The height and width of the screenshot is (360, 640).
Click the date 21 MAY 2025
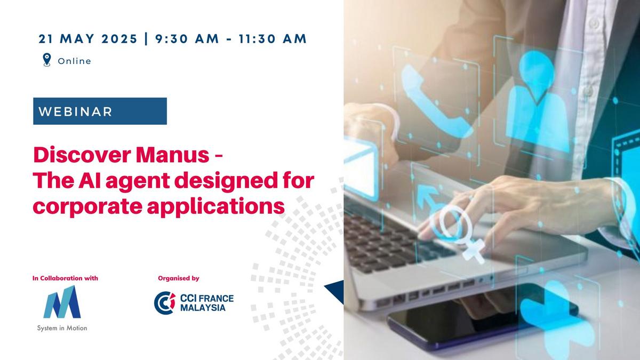pos(88,39)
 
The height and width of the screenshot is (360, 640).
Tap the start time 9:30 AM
pos(187,39)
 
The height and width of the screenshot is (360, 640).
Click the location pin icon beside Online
pos(47,60)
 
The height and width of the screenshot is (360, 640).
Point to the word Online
pos(74,61)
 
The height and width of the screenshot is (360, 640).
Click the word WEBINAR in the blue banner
pos(75,111)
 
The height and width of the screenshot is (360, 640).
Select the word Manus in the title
pos(173,155)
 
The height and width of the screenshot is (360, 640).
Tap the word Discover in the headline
pos(82,155)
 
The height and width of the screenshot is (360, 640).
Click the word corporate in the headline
pos(87,207)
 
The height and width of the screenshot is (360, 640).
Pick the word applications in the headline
pos(215,206)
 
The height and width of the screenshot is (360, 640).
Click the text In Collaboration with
pos(65,278)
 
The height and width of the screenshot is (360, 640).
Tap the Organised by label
pos(179,278)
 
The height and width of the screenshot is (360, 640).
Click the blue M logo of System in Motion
pos(62,302)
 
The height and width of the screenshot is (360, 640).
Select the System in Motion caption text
pos(62,328)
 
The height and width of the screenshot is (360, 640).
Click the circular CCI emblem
pos(165,303)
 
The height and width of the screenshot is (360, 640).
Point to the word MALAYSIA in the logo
pos(203,308)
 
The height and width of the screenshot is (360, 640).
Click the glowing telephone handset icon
pos(434,103)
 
